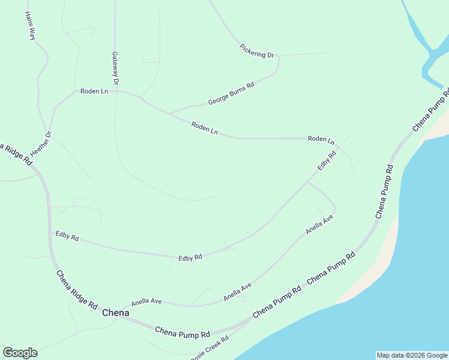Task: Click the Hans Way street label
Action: (30, 26)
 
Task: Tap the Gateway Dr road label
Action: (115, 67)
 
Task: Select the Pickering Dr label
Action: (257, 51)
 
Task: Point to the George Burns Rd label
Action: (231, 94)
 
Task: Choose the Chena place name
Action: (116, 313)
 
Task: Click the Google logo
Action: (20, 353)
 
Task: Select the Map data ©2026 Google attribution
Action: (412, 355)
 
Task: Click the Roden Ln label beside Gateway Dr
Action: (94, 91)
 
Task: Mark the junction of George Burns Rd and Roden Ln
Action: (169, 113)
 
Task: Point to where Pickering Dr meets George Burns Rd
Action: (279, 57)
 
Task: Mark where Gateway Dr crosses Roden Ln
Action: (115, 91)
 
